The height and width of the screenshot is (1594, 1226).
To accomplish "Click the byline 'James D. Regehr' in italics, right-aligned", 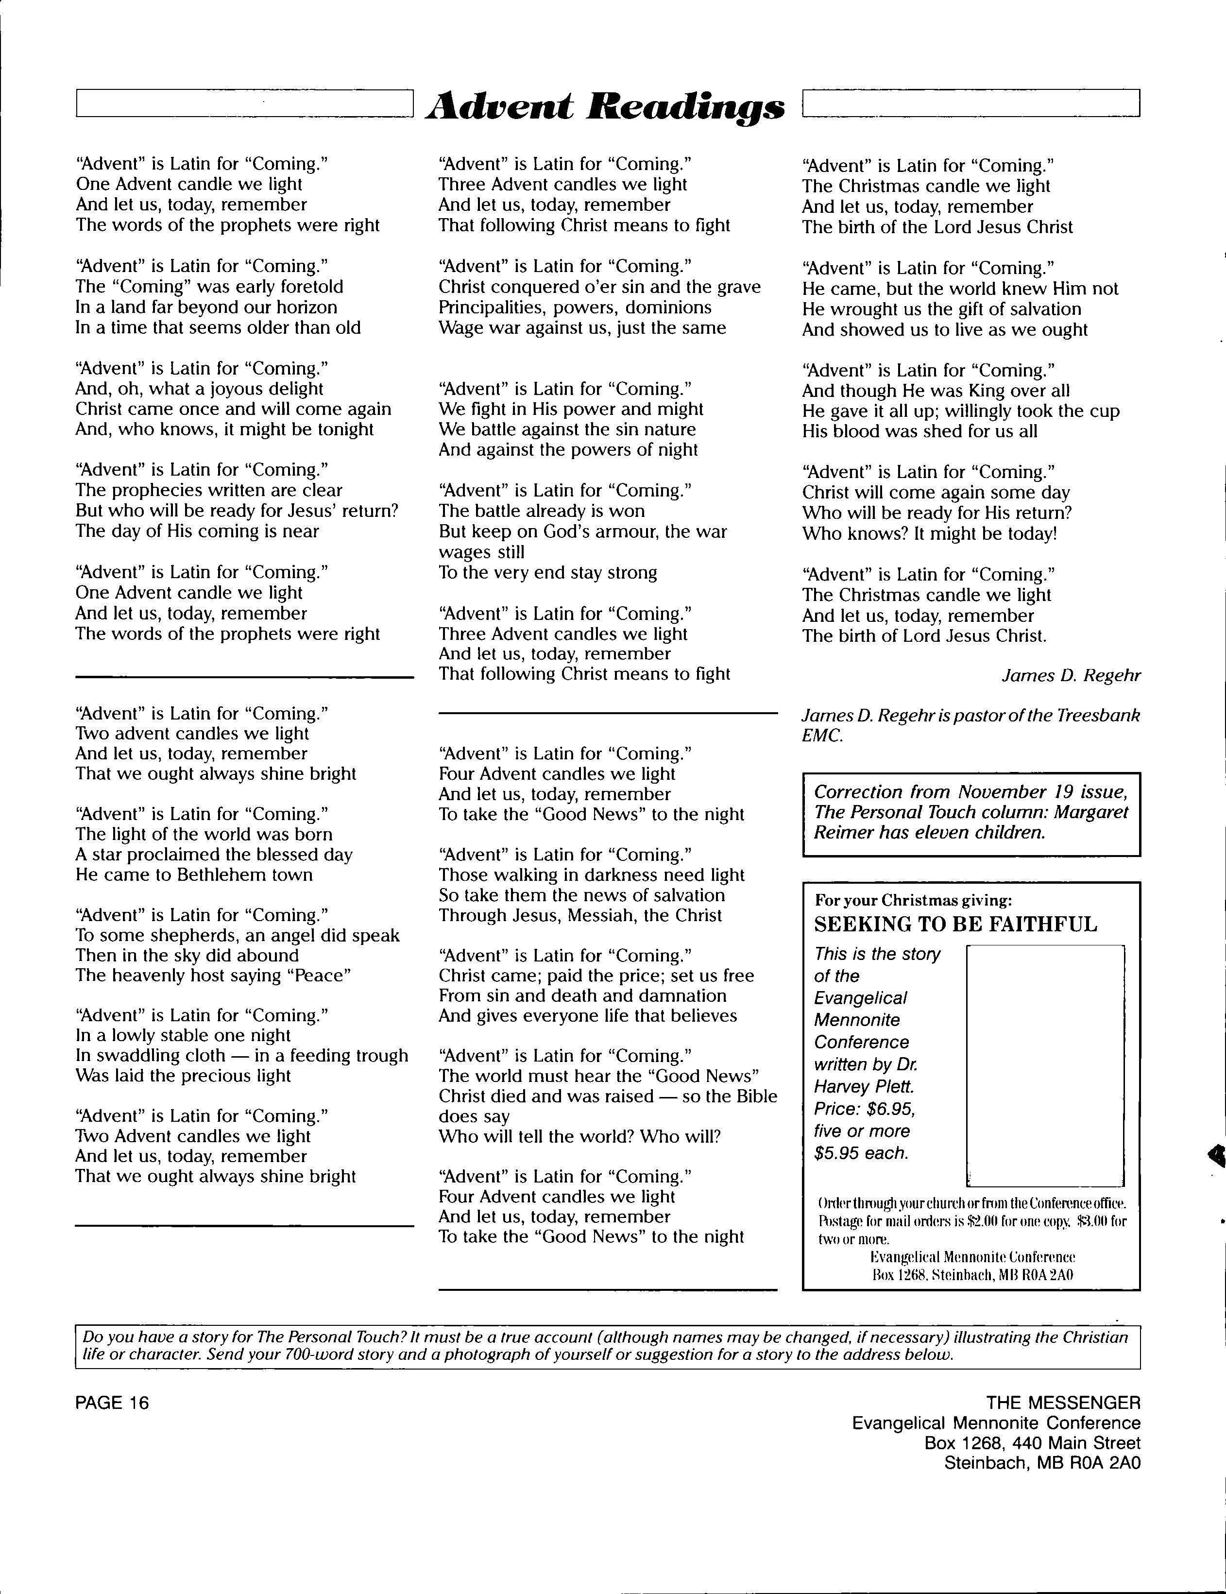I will (x=1071, y=676).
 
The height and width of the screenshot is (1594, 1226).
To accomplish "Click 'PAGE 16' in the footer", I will (x=112, y=1403).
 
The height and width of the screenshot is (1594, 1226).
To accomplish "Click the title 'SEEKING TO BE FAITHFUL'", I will (x=955, y=925).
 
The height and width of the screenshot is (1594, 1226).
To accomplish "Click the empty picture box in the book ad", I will (x=1044, y=1065).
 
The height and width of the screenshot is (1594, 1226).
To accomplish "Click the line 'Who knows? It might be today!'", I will (x=929, y=533).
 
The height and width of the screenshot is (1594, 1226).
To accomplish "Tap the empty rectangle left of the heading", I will (x=244, y=103).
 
